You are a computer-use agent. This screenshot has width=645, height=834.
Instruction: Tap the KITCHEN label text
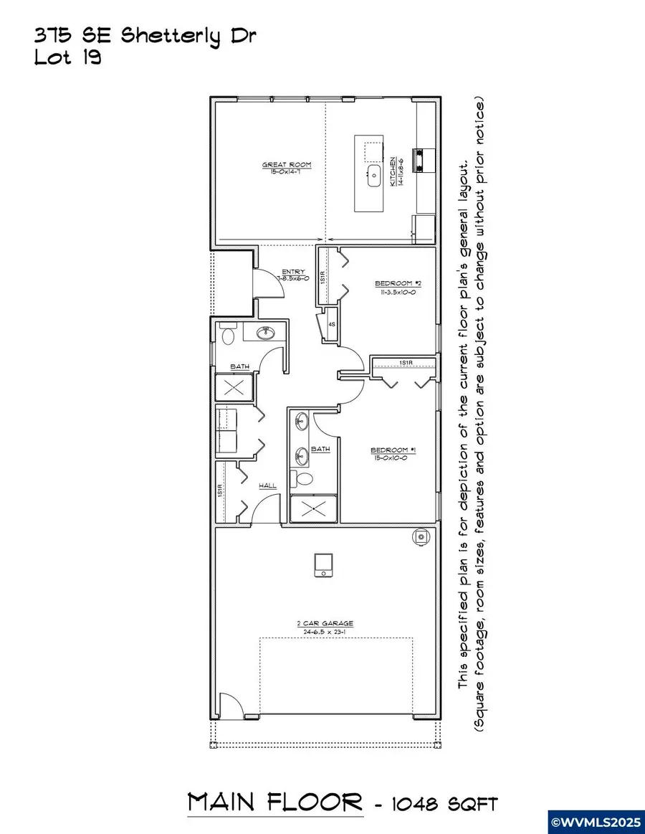click(393, 172)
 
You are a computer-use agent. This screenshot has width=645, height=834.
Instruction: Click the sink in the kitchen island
click(374, 176)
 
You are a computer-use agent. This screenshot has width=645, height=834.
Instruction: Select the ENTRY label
click(293, 273)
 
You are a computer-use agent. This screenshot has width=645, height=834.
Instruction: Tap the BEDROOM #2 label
click(395, 284)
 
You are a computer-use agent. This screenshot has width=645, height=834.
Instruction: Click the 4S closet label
click(332, 324)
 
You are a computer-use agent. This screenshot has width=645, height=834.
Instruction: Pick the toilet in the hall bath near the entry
click(229, 335)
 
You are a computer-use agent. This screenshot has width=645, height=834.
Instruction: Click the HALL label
click(267, 486)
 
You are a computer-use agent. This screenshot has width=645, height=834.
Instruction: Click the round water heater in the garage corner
click(421, 536)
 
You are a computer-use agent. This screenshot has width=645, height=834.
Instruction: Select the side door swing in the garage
click(229, 706)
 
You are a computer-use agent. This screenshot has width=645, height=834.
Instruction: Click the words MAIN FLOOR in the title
click(275, 802)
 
